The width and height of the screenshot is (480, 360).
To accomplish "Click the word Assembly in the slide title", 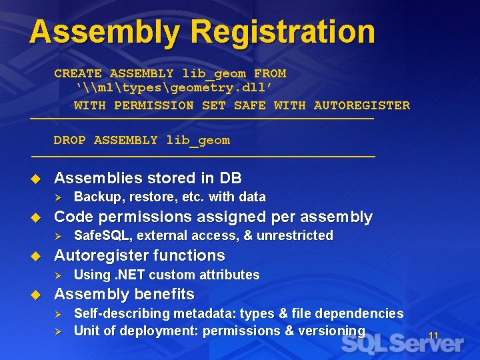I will pos(105,32).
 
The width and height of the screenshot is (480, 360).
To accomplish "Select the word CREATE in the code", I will pos(78,74).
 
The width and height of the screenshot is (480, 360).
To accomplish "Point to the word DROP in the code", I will pos(70,141).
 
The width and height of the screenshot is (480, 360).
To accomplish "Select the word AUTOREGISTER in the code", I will pos(361,105).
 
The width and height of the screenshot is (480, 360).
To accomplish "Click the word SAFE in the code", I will pos(249,105).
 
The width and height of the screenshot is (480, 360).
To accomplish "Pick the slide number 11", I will pos(433,335).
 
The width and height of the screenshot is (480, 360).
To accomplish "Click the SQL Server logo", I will pos(402,344).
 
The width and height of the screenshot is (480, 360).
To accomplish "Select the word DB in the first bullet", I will pos(230,179).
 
